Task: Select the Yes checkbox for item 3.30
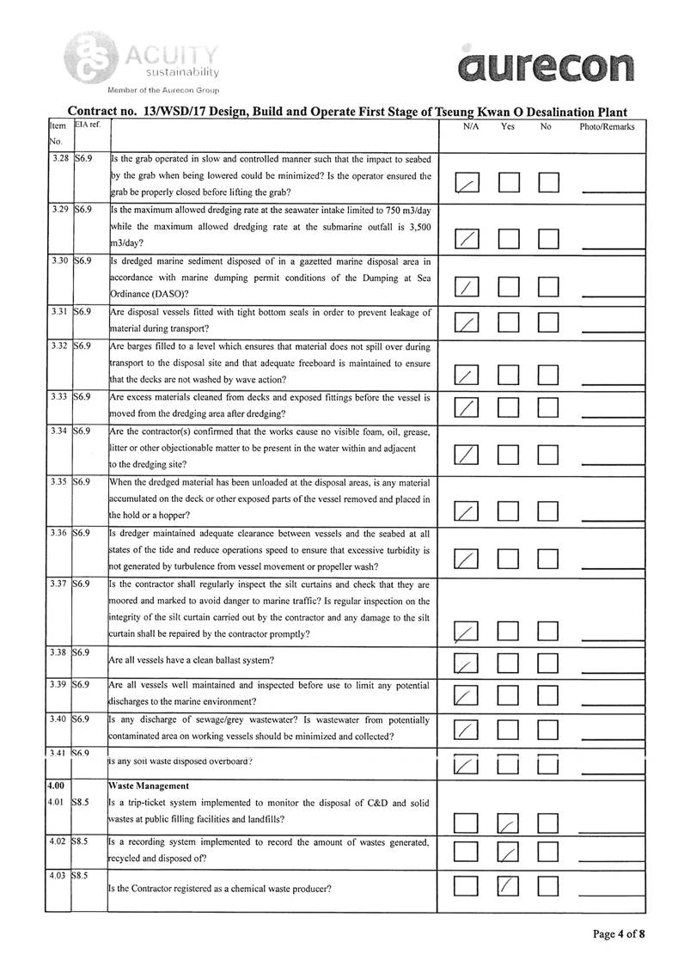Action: (509, 287)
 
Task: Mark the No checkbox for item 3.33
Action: (549, 407)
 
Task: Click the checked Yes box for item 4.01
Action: (509, 825)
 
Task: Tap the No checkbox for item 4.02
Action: (549, 853)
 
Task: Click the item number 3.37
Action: (58, 585)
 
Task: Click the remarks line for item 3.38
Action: (607, 665)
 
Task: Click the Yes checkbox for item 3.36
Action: (509, 559)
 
